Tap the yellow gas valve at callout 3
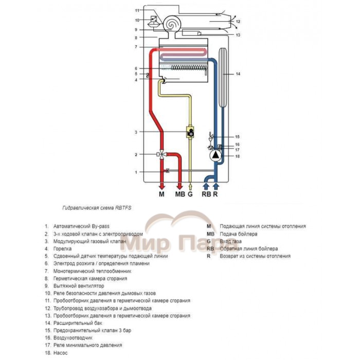(x=191, y=132)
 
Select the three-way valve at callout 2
(x=161, y=154)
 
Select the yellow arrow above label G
(x=191, y=186)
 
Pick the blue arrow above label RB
(x=206, y=185)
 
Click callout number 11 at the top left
(x=137, y=11)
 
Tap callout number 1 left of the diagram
(x=136, y=172)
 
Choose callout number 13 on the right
(x=238, y=35)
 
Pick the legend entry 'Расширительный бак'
(x=76, y=323)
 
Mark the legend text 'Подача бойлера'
(x=240, y=233)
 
